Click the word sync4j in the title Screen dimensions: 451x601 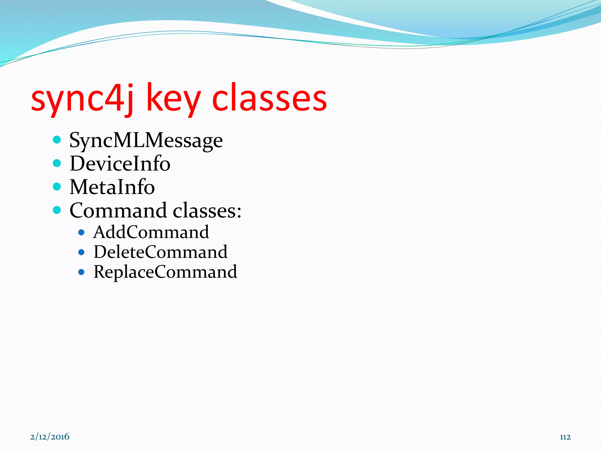82,98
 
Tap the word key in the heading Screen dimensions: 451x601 173,98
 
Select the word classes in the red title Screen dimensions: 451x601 269,98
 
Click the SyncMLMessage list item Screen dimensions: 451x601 146,140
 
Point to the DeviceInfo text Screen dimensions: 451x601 120,164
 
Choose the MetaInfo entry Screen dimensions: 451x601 112,187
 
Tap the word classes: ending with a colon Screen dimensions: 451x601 207,211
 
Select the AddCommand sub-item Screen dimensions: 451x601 151,232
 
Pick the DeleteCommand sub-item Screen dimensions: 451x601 161,252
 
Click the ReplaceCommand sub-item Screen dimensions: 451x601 165,272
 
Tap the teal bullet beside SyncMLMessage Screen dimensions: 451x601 57,139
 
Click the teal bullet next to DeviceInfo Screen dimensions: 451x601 57,163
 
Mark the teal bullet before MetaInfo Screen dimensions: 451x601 57,186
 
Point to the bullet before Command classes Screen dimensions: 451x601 57,210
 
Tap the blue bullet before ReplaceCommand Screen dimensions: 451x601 82,272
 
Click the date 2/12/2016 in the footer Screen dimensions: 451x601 50,437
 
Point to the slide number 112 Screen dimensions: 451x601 565,437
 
